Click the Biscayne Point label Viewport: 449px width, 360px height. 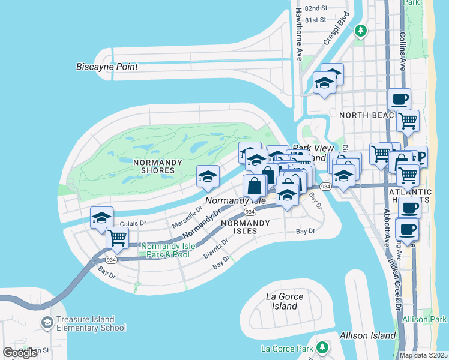pos(107,67)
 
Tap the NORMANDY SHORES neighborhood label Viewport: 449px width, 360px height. pos(145,166)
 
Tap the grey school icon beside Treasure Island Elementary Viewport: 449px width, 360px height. pos(46,323)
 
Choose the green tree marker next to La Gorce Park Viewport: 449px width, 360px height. pos(322,347)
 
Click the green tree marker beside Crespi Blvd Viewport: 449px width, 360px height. pos(360,30)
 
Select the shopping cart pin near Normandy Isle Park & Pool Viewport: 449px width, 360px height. pos(117,238)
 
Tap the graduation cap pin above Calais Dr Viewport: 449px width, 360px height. pos(102,217)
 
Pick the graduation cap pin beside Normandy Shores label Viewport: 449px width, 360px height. pos(208,176)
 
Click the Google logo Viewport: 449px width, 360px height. pos(20,352)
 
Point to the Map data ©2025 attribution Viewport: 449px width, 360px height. pos(423,355)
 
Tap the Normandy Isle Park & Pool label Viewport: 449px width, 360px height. pos(165,251)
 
